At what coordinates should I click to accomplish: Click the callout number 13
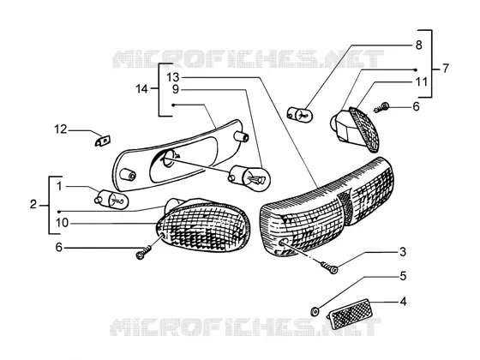173,77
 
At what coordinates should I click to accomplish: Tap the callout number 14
141,89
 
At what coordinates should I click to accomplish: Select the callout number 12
61,129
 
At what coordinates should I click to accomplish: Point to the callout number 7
446,68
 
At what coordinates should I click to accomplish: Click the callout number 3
403,252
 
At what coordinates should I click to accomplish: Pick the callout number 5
403,276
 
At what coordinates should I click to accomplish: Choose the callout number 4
403,302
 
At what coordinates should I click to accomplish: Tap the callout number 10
62,223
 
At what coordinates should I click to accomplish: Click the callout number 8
419,45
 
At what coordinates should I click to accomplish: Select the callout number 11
421,81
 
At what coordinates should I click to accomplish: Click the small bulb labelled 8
300,113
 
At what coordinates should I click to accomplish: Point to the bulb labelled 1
111,199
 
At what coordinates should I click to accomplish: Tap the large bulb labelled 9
249,178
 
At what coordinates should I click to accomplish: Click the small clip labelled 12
103,141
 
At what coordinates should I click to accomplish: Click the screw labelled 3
329,267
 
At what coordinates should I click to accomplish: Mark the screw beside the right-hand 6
381,107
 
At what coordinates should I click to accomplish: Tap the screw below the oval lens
143,252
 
